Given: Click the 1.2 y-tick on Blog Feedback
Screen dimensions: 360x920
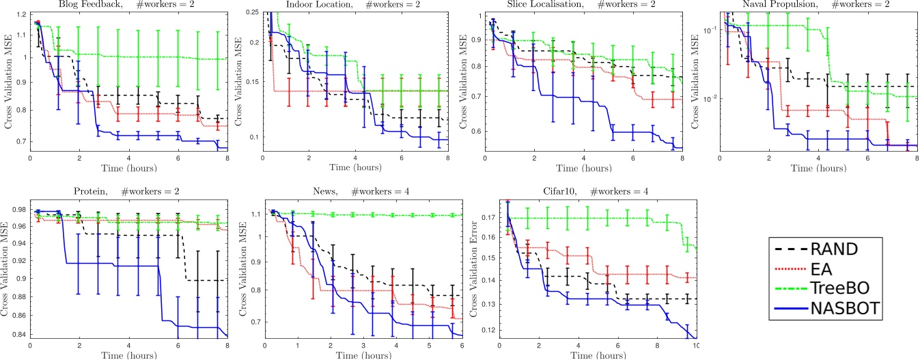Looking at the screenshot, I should pyautogui.click(x=20, y=14).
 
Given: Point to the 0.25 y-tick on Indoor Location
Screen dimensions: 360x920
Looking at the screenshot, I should pyautogui.click(x=251, y=14).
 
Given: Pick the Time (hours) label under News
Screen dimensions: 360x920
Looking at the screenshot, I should pyautogui.click(x=363, y=355).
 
